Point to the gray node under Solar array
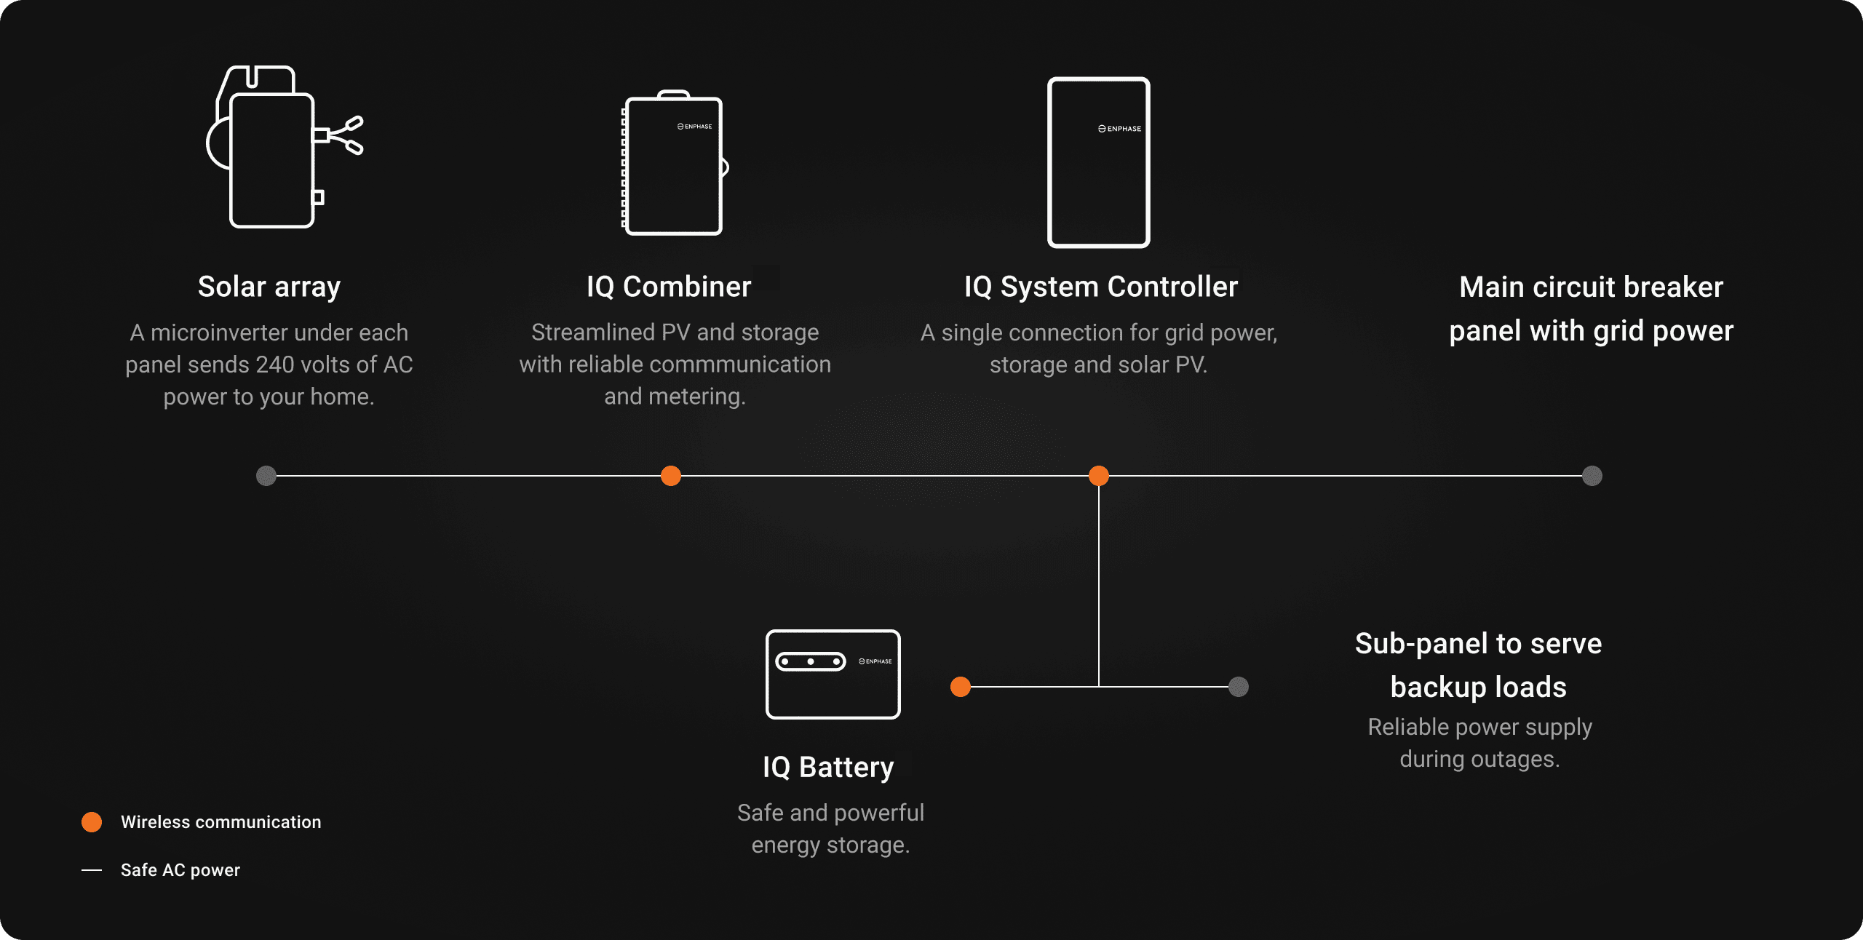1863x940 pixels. coord(266,476)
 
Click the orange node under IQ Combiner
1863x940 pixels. coord(671,476)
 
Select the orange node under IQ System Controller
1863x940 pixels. coord(1099,476)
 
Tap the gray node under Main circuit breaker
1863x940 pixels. coord(1592,476)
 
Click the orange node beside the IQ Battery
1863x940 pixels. coord(961,687)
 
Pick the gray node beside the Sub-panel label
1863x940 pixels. coord(1239,687)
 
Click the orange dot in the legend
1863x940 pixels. coord(92,822)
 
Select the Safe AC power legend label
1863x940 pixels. coord(180,870)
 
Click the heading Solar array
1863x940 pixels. coord(269,287)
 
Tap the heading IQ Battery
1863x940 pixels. coord(828,768)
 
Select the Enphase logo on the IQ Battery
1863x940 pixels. coord(875,661)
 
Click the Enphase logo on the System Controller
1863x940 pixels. coord(1120,129)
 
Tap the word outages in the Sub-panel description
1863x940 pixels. coord(1516,760)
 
